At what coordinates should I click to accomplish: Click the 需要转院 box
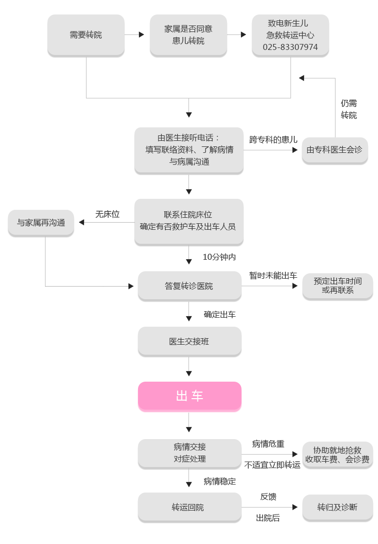click(85, 35)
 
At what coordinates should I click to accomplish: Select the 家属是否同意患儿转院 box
click(188, 35)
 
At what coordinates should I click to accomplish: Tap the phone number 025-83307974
click(290, 47)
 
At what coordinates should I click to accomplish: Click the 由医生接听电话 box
click(188, 149)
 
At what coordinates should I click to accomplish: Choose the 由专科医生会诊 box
click(334, 149)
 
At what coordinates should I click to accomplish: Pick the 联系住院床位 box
click(188, 221)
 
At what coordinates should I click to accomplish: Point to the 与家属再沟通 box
click(41, 222)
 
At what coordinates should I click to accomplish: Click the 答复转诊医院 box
click(189, 286)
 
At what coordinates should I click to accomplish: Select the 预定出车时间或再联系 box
click(337, 286)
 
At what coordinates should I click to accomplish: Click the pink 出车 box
click(190, 397)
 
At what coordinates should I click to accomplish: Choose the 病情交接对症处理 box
click(189, 453)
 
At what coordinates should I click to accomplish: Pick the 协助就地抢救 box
click(337, 454)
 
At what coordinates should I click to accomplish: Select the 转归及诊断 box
click(337, 507)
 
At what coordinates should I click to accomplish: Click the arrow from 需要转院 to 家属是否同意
click(135, 35)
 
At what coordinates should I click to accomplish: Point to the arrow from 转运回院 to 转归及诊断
click(287, 507)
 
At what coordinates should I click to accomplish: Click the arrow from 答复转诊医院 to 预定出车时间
click(287, 286)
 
